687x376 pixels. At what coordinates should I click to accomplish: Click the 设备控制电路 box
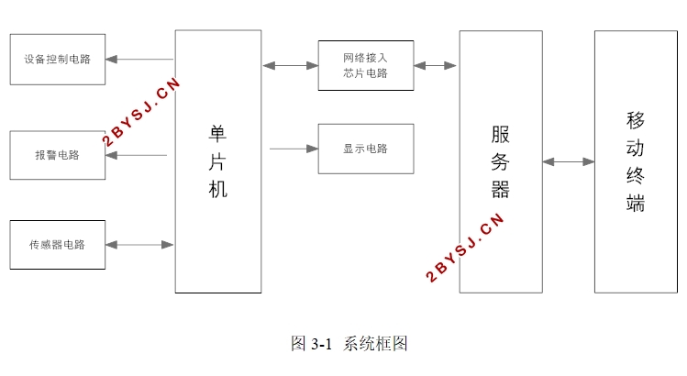(x=58, y=59)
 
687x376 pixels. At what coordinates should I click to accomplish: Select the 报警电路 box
(x=58, y=155)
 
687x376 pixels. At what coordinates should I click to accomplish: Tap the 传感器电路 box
(x=58, y=245)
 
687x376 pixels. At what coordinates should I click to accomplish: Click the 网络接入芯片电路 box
(x=365, y=65)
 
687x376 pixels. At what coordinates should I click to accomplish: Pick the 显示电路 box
(x=365, y=149)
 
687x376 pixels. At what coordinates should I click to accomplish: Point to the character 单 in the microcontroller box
(x=218, y=134)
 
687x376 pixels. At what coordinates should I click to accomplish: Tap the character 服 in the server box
(x=500, y=135)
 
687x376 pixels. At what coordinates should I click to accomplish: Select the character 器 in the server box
(x=500, y=190)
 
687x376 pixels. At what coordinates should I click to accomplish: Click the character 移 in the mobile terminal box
(x=636, y=120)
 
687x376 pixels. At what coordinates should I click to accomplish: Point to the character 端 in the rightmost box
(x=636, y=204)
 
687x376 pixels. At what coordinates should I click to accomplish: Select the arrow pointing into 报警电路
(x=137, y=155)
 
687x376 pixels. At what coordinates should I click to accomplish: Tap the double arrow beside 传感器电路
(x=139, y=245)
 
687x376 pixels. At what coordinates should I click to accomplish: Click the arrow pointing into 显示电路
(x=294, y=149)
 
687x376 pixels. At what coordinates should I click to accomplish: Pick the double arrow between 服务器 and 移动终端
(x=569, y=162)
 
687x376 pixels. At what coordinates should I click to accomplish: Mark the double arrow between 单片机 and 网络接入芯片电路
(x=290, y=65)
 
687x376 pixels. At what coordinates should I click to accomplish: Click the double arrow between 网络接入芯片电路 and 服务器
(x=436, y=65)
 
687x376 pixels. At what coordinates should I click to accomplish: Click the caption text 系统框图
(x=376, y=344)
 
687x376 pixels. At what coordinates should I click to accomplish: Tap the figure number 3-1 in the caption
(x=321, y=345)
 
